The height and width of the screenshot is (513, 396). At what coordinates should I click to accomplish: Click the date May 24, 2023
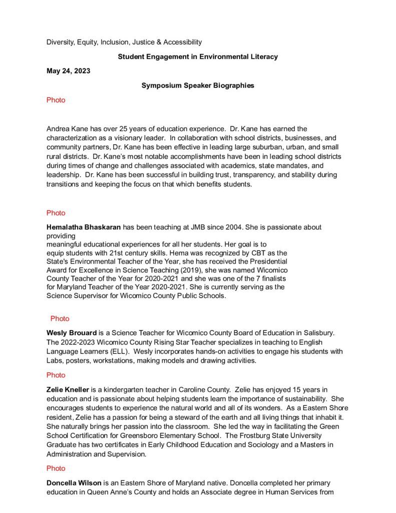tap(68, 71)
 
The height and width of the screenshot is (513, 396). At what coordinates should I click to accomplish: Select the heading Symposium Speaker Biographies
tap(198, 86)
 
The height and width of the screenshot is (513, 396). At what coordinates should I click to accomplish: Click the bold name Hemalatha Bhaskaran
tap(84, 227)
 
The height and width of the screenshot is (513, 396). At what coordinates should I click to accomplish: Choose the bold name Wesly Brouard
tap(72, 333)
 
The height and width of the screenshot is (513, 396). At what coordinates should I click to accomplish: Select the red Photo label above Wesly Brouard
tap(60, 319)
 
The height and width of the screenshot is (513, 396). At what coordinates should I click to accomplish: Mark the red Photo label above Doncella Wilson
tap(56, 468)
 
